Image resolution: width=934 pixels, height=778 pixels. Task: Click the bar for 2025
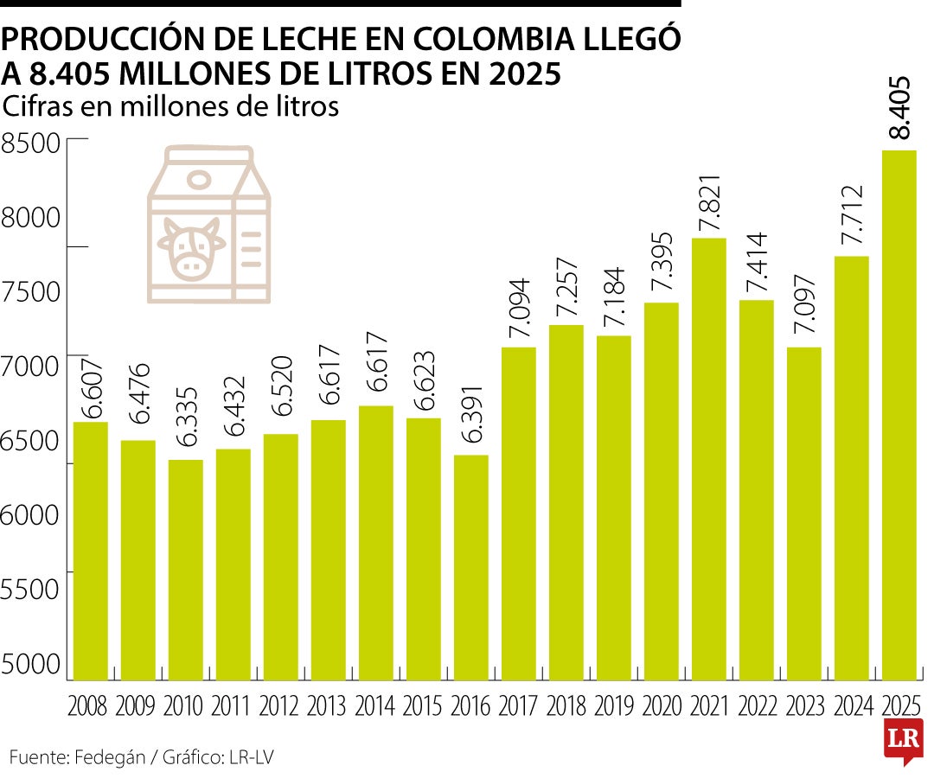coord(899,415)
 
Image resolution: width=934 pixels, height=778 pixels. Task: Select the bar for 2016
coord(470,566)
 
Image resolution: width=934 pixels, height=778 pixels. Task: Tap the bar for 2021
coord(708,458)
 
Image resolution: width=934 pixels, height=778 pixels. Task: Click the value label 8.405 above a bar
coord(899,108)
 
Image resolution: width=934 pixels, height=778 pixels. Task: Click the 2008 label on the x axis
coord(89,706)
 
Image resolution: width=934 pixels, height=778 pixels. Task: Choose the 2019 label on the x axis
coord(613,706)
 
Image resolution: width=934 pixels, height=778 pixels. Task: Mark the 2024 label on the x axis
coord(851,706)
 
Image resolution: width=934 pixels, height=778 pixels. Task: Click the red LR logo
coord(902,738)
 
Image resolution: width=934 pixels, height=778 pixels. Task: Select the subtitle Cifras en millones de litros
coord(170,106)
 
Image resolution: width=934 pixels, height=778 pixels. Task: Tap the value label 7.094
coord(520,316)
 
